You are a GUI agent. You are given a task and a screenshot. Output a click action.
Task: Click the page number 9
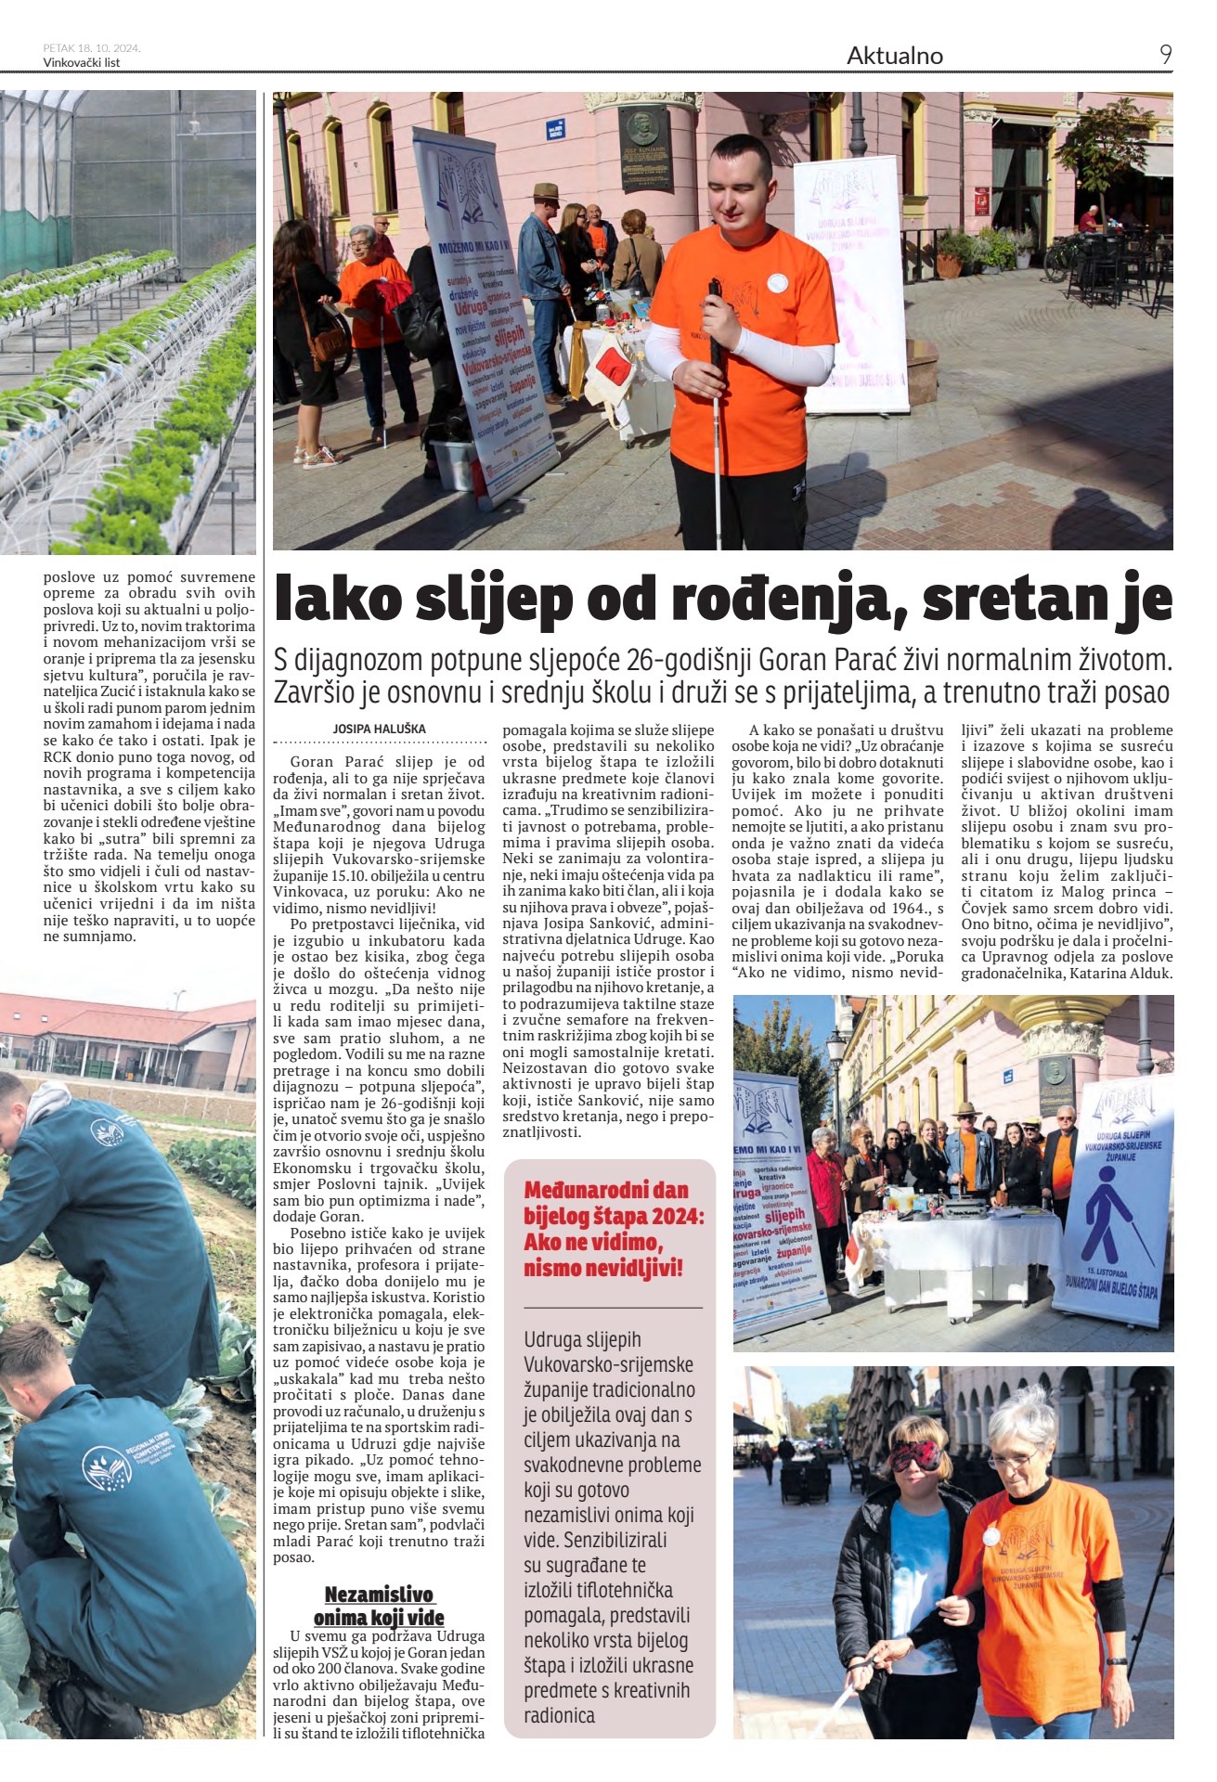(x=1165, y=55)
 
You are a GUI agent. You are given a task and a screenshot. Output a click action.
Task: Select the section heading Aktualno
(x=894, y=56)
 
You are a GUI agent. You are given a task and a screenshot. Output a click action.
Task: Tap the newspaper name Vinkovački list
(x=82, y=63)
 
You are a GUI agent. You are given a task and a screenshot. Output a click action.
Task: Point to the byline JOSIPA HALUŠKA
(x=379, y=730)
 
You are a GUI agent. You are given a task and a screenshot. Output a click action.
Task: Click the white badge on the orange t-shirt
(x=778, y=282)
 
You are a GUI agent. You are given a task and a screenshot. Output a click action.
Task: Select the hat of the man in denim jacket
(x=546, y=191)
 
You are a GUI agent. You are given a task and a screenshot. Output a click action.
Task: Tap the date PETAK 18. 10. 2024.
(x=92, y=48)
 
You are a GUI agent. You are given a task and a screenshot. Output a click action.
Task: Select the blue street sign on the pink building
(x=555, y=130)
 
